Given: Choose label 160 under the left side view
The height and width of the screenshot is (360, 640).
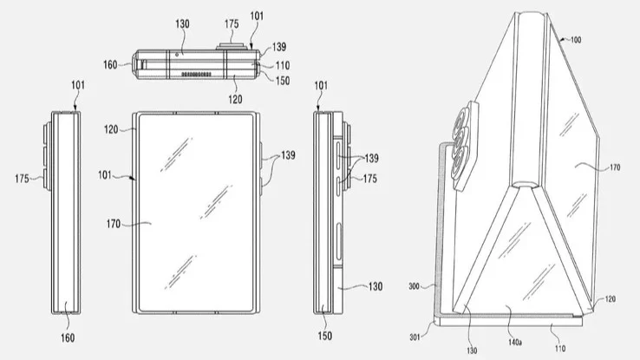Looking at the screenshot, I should [67, 337].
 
